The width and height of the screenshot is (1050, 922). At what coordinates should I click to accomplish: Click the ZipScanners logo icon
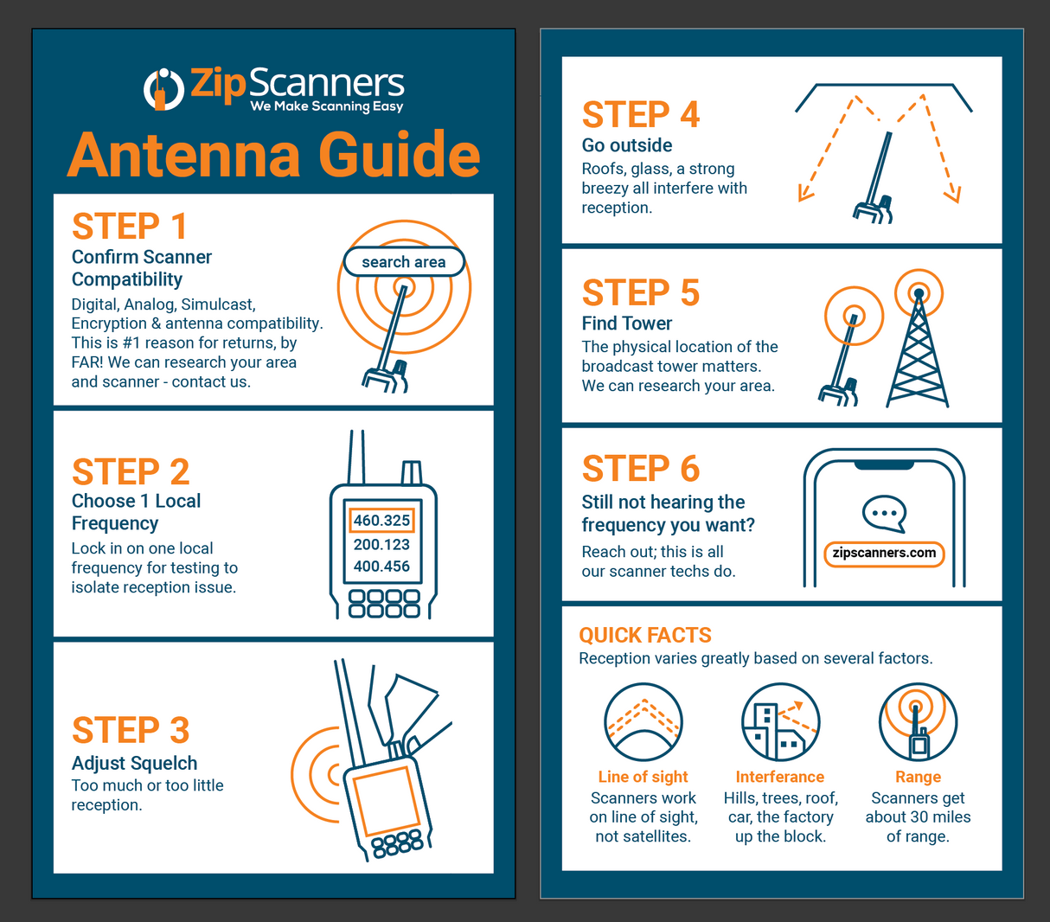coord(163,89)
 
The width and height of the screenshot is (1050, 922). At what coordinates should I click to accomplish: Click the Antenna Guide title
coord(273,155)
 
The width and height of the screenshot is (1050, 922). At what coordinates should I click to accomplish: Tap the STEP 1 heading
coord(130,227)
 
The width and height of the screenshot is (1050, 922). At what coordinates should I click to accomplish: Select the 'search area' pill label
coord(404,262)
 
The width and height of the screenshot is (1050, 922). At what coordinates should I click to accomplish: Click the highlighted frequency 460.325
coord(381,521)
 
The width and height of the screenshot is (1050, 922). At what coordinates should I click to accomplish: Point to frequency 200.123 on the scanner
coord(381,544)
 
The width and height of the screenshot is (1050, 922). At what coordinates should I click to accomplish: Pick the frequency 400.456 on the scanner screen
coord(381,567)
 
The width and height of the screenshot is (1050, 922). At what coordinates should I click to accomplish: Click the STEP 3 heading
coord(131,731)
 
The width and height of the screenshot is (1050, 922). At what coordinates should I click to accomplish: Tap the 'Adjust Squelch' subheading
coord(134,763)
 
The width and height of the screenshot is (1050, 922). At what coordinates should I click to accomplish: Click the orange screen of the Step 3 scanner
coord(386,800)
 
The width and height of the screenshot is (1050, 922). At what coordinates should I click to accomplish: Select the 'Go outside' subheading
coord(627,145)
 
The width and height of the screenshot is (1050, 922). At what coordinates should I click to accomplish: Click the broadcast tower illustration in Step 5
coord(918,346)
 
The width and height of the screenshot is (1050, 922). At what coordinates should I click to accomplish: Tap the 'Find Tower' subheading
coord(627,323)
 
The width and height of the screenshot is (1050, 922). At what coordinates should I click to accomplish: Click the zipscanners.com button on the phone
coord(884,554)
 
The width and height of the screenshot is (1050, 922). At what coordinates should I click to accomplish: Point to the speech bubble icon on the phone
coord(884,514)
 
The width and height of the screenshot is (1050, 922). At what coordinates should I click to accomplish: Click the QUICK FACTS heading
coord(645,636)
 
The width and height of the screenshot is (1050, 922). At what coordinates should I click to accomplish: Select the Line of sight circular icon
coord(643,722)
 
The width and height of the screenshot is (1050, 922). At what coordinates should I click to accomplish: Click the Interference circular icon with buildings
coord(780,722)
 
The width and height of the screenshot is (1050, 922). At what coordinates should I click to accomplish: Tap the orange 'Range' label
coord(918,777)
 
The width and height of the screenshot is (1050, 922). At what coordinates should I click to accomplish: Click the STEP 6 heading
coord(641,469)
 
